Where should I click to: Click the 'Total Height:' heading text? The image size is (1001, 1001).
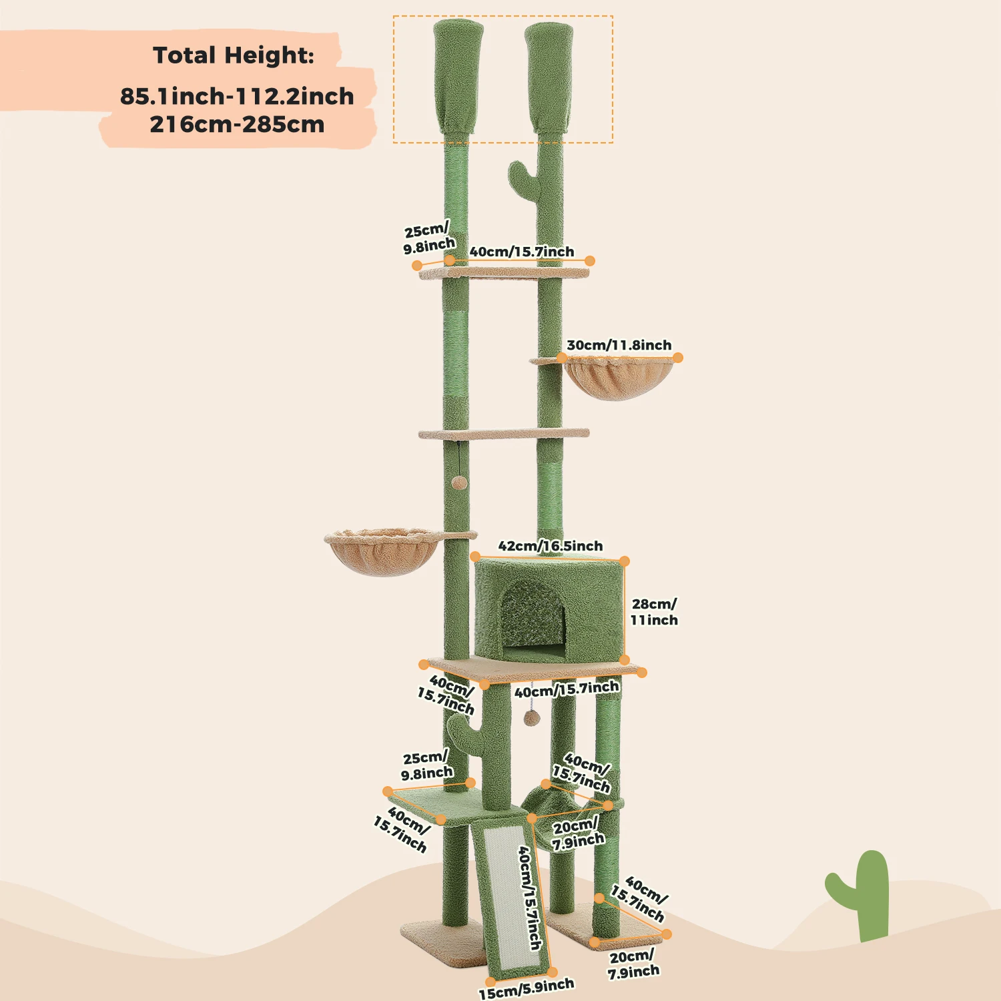coord(233,55)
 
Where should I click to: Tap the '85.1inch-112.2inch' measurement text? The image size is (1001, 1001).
coord(237,96)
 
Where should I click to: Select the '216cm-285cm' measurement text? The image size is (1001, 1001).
coord(237,125)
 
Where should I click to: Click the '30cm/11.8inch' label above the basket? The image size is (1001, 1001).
coord(619,345)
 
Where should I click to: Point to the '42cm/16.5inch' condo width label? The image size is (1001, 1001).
coord(550,546)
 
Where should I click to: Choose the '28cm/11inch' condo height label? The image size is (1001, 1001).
coord(654,612)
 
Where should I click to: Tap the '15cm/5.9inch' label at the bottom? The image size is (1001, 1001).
coord(526,988)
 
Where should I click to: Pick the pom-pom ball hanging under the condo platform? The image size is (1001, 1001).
coord(531,717)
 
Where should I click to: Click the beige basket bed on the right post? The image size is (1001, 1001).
coord(619,377)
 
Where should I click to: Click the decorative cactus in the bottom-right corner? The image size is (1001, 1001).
coord(863,894)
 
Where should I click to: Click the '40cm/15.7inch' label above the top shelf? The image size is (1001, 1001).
coord(521,252)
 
